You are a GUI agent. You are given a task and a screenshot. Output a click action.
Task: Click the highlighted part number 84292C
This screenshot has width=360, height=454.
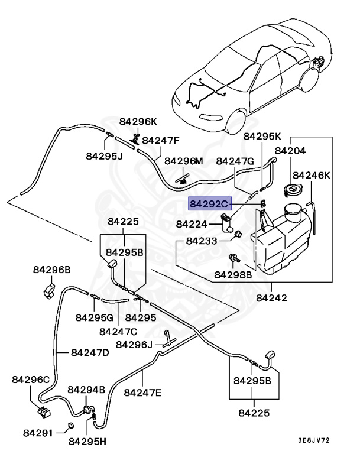[x=209, y=204]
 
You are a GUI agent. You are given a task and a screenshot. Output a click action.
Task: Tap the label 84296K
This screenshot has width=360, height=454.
[x=138, y=122]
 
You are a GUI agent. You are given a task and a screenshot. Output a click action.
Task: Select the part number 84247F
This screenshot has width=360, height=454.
[x=160, y=141]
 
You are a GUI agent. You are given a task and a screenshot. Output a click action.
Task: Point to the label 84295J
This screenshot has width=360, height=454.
[x=103, y=157]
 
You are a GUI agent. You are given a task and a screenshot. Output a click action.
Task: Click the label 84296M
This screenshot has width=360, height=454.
[x=183, y=161]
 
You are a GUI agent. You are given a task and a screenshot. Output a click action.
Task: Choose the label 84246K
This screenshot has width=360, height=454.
[x=312, y=176]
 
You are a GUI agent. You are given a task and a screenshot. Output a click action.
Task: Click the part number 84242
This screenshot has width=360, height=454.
[x=272, y=298]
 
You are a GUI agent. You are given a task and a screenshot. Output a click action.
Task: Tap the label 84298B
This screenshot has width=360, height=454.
[x=233, y=274]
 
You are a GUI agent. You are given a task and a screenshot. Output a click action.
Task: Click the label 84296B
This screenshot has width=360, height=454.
[x=51, y=270]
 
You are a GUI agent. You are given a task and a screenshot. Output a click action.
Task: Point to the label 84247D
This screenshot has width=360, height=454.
[x=90, y=353]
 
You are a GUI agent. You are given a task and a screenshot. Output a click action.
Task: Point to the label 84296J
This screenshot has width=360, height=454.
[x=134, y=345]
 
